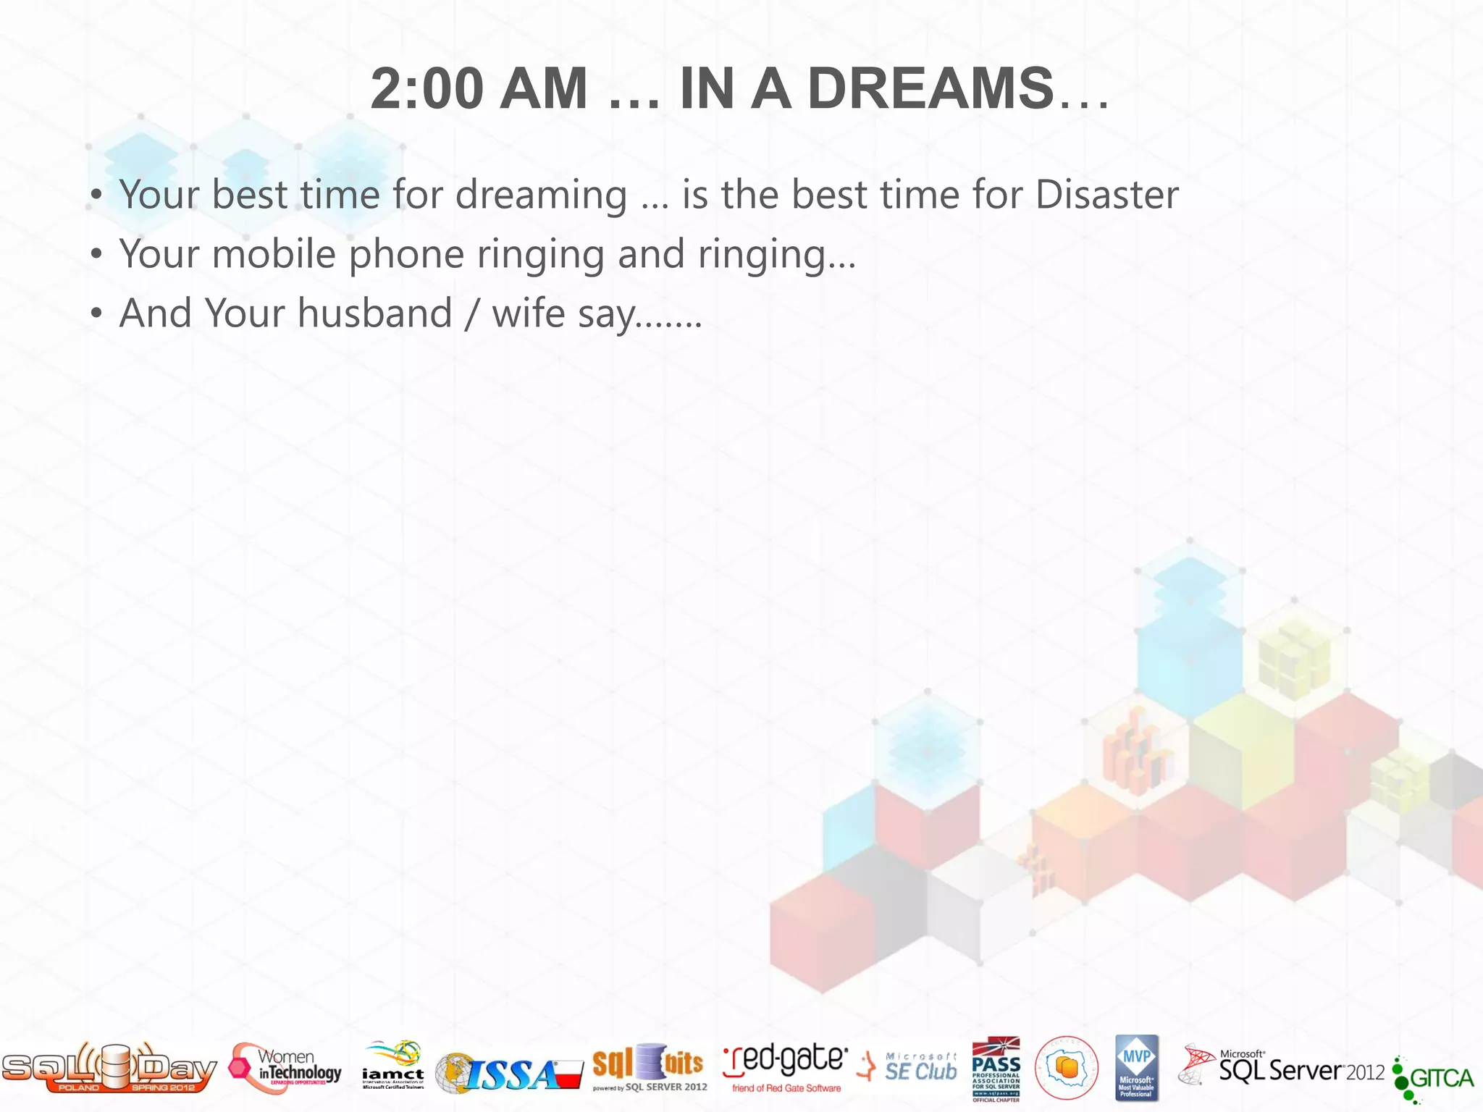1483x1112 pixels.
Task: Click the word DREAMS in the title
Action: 930,88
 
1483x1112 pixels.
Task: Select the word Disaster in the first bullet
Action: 1106,195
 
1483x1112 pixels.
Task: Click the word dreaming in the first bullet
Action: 541,196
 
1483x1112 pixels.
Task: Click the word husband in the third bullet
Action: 374,313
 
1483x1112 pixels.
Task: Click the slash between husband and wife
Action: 472,315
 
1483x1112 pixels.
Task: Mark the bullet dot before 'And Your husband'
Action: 96,314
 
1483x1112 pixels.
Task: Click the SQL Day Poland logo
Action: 109,1067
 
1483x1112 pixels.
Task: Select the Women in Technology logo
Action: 285,1069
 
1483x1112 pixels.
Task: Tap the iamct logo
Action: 393,1066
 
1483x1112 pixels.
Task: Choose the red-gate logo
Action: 786,1066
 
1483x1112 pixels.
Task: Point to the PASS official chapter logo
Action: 996,1069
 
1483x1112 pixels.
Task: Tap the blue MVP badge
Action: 1136,1068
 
